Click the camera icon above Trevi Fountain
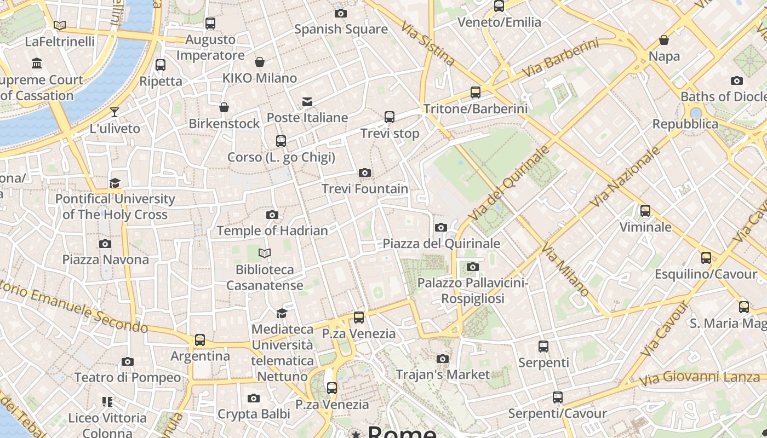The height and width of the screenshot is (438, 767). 364,173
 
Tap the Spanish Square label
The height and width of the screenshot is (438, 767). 341,29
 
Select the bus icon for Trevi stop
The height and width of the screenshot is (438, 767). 389,117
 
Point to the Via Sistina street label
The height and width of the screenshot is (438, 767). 427,43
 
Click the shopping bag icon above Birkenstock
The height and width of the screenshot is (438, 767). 224,107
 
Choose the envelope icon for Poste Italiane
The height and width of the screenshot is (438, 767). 307,102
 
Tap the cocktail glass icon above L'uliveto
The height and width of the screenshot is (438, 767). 114,112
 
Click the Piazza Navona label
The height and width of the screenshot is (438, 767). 105,259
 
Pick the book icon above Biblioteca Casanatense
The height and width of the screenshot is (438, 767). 265,253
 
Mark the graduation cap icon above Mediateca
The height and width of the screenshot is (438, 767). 282,313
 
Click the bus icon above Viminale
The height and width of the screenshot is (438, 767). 645,211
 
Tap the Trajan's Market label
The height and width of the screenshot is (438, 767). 443,374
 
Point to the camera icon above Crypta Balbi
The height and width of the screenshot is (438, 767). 253,398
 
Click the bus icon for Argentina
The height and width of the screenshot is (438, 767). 200,340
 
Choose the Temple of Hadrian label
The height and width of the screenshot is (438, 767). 272,230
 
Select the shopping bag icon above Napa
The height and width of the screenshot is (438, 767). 663,40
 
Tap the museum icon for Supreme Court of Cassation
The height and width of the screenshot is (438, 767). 37,64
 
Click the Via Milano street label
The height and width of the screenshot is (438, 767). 565,269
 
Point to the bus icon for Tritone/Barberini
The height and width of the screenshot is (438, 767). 475,93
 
